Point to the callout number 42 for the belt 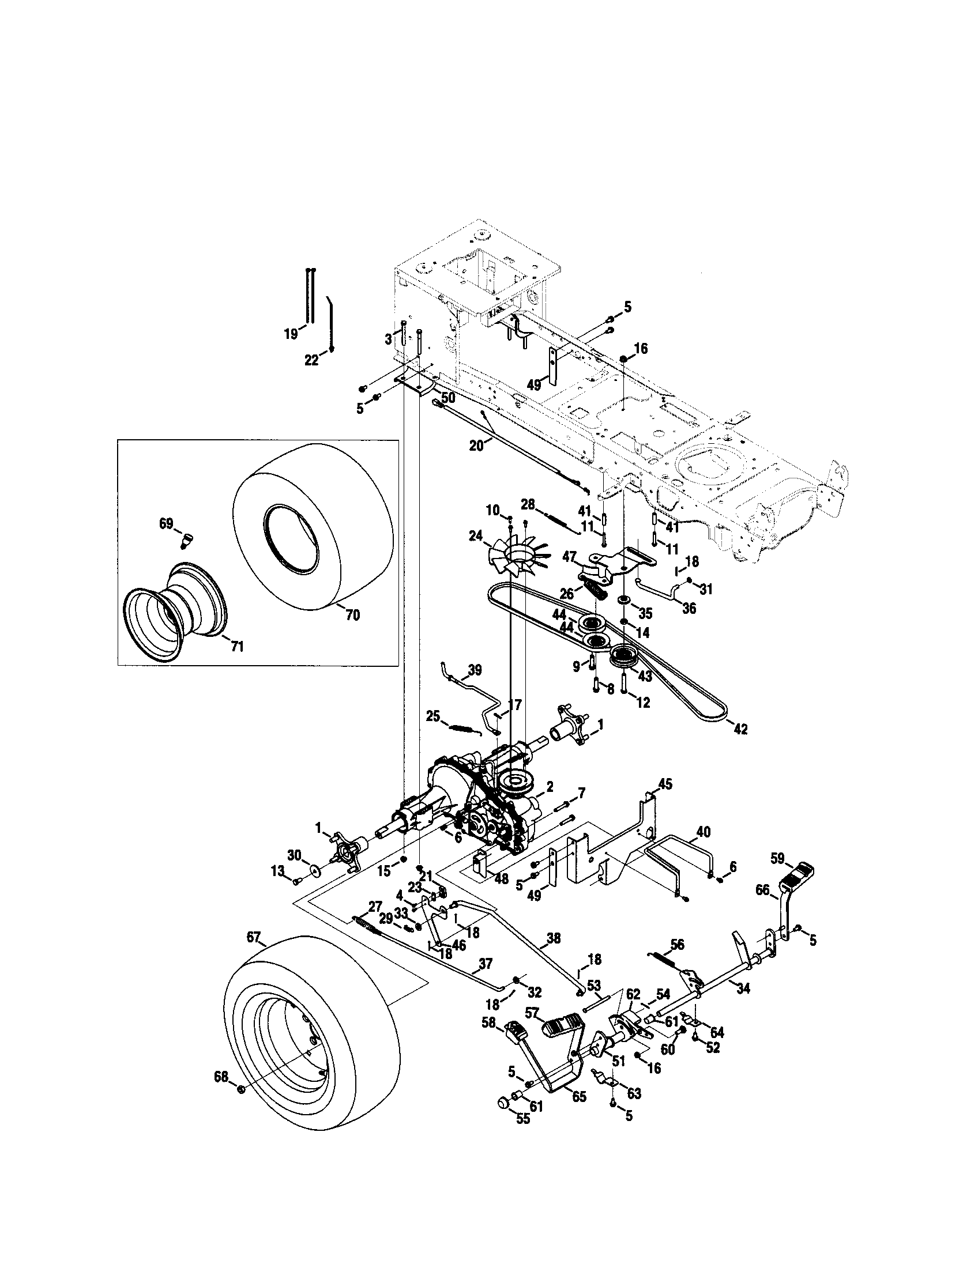click(740, 729)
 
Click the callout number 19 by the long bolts click(291, 333)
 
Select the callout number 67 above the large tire click(253, 937)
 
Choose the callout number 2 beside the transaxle click(550, 787)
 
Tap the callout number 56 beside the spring click(676, 945)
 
